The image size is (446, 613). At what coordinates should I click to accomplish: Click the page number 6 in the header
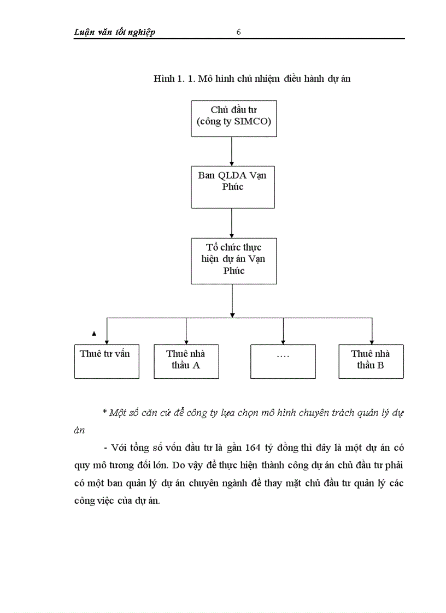point(239,32)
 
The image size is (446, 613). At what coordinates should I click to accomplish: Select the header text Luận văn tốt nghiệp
point(115,32)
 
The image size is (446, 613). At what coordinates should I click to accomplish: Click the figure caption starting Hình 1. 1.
point(252,79)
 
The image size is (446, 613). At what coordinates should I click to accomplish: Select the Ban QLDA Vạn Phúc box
point(233,188)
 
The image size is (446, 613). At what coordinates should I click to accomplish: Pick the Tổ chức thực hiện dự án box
point(233,260)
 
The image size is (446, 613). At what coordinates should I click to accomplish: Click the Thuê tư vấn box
point(107,361)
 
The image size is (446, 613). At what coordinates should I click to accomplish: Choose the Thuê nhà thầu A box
point(186,361)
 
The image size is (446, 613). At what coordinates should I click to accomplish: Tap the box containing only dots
point(283,361)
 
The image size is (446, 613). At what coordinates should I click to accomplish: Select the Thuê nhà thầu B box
point(371,361)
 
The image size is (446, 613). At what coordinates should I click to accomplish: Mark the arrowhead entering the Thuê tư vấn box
point(107,341)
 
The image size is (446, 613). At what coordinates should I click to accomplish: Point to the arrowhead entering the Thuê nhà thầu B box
point(372,341)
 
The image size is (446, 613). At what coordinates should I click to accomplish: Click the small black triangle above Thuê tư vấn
point(94,333)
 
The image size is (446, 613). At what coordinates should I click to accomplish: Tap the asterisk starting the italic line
point(104,413)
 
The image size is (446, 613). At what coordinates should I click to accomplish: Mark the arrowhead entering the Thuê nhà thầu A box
point(186,341)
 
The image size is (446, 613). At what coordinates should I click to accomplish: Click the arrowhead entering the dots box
point(283,341)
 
